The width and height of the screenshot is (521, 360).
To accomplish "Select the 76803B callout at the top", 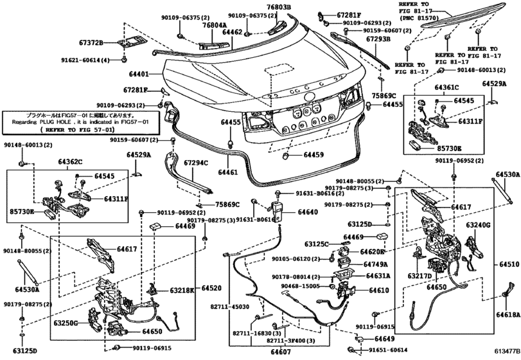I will click(279, 7).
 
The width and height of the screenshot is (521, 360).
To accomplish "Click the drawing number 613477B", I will click(502, 352).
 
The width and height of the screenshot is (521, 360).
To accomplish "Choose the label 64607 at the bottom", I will click(280, 352).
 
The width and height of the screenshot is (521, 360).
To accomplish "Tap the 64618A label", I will click(508, 315).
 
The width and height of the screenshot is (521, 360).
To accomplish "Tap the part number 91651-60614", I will click(387, 350).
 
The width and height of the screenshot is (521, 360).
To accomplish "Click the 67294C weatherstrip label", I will click(196, 163).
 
